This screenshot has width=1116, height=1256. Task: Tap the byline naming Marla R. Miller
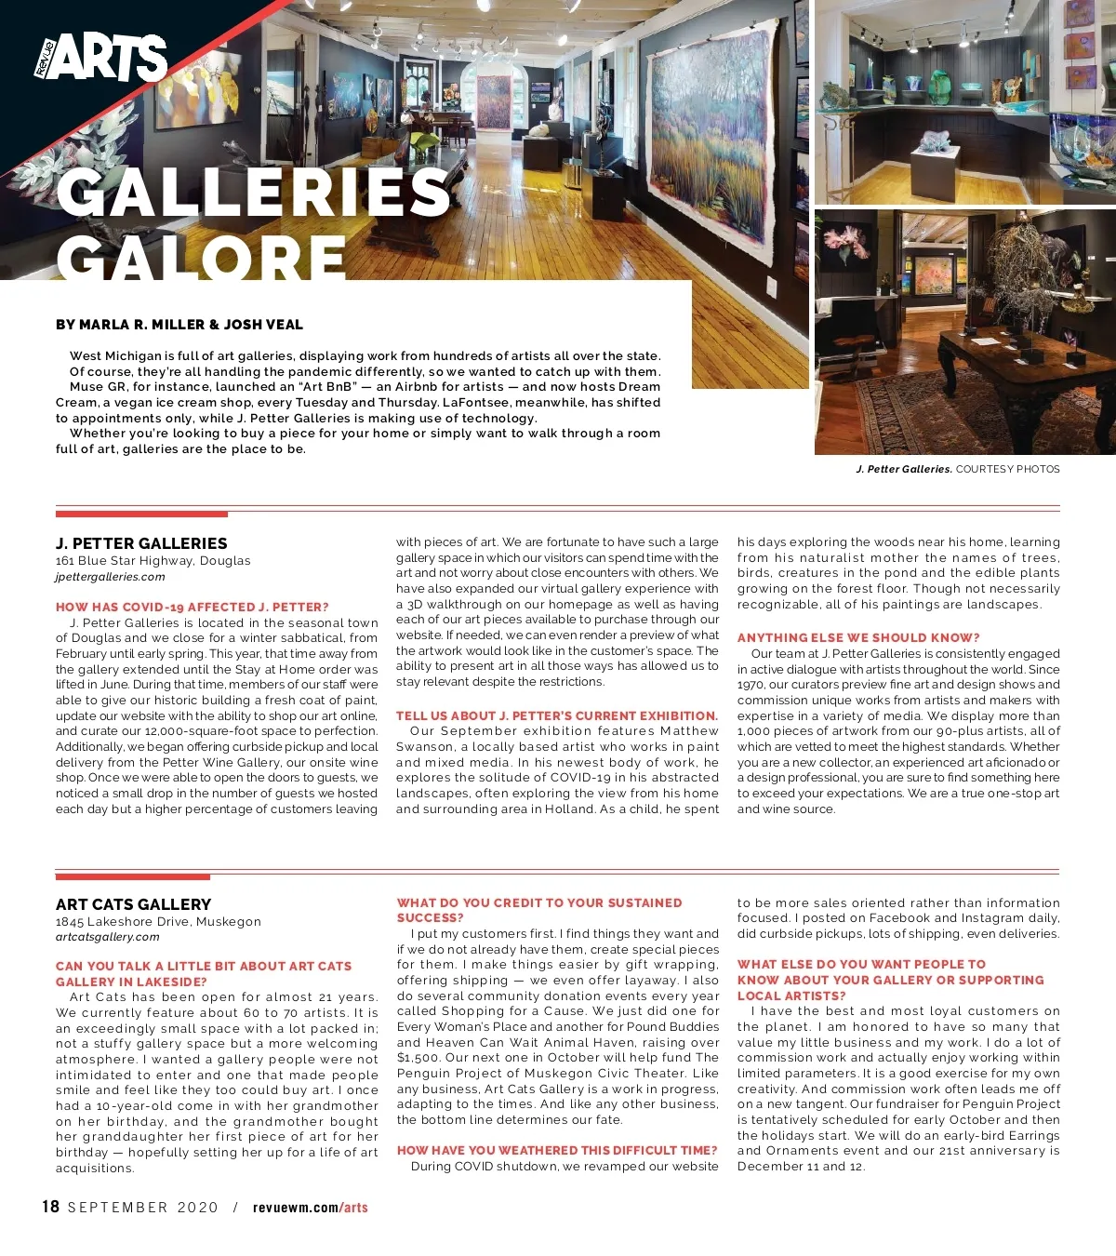(179, 325)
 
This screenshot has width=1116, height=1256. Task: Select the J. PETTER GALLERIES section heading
(141, 543)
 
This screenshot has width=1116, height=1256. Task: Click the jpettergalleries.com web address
(110, 577)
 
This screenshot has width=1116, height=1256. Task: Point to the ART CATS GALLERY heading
(133, 904)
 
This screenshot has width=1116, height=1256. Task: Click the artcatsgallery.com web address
(107, 937)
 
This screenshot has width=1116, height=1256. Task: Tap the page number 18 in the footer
(50, 1207)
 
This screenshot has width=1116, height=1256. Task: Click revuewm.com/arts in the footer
(311, 1208)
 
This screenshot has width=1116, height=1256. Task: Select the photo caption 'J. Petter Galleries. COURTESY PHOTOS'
(958, 469)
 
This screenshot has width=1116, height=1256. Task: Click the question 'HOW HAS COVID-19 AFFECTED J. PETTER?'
(193, 607)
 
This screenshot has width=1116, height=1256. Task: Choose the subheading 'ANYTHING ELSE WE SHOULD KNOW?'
(858, 637)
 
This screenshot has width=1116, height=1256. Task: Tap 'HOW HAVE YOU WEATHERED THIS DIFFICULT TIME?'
(557, 1150)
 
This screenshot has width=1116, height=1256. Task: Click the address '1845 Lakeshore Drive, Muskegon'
(158, 921)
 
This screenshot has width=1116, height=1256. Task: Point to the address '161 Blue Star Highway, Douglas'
(153, 561)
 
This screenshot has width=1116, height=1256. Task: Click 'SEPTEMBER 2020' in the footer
(143, 1208)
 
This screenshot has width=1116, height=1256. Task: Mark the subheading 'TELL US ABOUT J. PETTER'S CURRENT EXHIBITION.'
(557, 715)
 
